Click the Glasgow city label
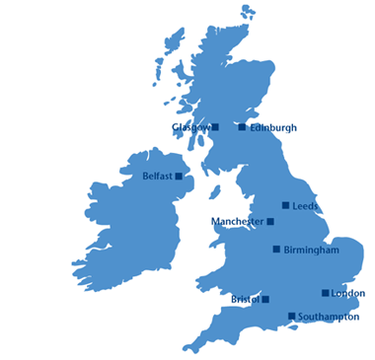coord(190,127)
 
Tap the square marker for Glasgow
coord(215,127)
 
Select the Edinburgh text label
coord(273,127)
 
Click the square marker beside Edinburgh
coord(242,127)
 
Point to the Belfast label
coord(157,177)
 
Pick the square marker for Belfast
coord(179,177)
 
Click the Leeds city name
coord(306,205)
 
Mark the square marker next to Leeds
coord(286,205)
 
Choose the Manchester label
coord(237,222)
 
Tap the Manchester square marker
coord(270,222)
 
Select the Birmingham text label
coord(311,250)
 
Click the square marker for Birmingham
coord(276,250)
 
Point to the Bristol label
coord(244,299)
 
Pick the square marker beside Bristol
coord(265,299)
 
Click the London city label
coord(348,293)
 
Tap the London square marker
coord(326,293)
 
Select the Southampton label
coord(329,317)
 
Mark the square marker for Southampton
coord(292,317)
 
